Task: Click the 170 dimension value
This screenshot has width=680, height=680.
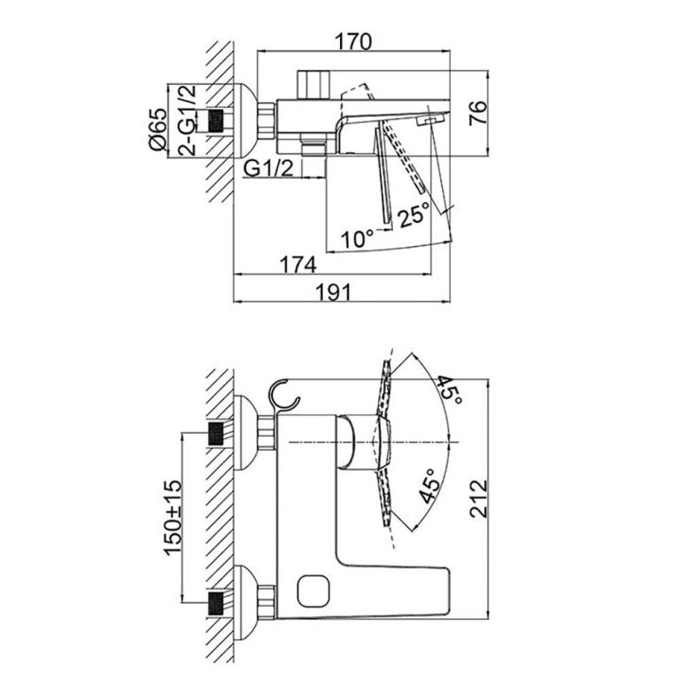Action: click(353, 41)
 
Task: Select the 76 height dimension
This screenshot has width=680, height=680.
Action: click(477, 112)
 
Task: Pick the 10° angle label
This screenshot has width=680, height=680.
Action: click(359, 239)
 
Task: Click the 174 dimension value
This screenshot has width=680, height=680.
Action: click(300, 265)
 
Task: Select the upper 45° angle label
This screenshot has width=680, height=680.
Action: click(447, 387)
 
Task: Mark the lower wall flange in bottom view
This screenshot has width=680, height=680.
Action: click(245, 604)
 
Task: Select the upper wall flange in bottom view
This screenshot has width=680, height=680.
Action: click(245, 433)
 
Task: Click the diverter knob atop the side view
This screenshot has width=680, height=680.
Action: click(313, 85)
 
